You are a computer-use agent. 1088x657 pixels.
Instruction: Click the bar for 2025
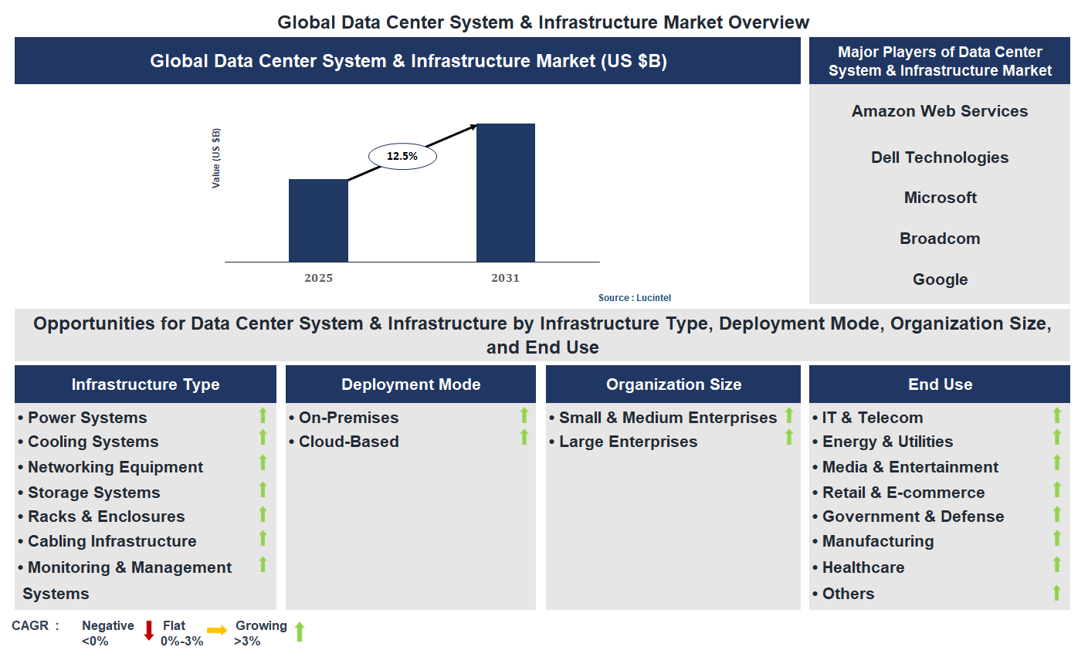(318, 221)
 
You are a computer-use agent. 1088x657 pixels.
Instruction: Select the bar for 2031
(506, 193)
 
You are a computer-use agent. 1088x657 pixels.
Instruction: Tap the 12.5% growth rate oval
(402, 156)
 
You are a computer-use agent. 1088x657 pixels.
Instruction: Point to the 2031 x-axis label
(506, 278)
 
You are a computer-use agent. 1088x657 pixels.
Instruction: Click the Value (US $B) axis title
(216, 158)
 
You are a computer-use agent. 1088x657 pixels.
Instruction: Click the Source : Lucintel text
(635, 298)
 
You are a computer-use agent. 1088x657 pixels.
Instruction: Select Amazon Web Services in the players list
(940, 111)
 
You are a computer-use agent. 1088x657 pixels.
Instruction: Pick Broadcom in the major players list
(940, 239)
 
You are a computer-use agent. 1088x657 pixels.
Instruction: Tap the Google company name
(940, 279)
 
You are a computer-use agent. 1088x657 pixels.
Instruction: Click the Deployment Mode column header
(411, 384)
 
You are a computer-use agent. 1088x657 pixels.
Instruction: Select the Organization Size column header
(673, 384)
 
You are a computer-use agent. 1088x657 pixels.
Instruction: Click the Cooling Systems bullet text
(93, 442)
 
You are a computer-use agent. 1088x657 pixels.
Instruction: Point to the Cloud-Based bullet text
(349, 442)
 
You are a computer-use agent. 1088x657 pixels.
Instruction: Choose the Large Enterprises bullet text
(628, 442)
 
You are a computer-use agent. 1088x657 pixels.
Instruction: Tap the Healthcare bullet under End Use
(863, 567)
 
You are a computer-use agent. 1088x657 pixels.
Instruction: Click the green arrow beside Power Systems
(263, 415)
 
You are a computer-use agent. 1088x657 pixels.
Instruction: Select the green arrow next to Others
(1056, 593)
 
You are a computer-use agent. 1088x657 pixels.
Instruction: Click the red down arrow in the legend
(149, 631)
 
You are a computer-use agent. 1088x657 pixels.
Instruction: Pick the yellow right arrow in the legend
(217, 631)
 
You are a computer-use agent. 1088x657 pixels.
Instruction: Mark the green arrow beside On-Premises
(524, 415)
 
